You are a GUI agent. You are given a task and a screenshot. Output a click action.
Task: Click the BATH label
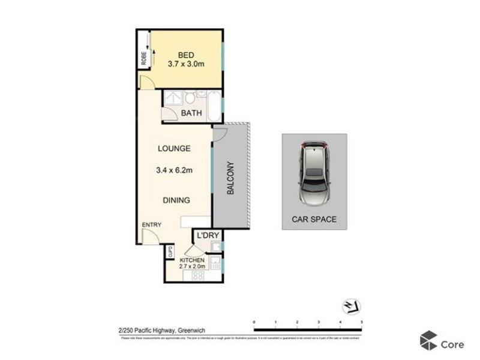pos(191,113)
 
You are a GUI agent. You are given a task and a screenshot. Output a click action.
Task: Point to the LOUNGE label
pos(174,148)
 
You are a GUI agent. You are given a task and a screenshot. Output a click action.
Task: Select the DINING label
pos(175,200)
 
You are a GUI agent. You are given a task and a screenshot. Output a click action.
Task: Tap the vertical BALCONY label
pos(230,179)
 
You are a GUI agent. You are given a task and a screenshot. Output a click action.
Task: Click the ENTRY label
pos(151,225)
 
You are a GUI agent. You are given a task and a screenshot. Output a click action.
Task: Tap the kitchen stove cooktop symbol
pos(197,275)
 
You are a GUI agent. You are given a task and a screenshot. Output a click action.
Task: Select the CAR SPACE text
pos(314,220)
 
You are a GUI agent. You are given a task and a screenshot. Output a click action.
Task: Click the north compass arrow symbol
pos(350,307)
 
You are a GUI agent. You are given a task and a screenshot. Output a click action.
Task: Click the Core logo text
pos(452,344)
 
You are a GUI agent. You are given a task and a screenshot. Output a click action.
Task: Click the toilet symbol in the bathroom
pos(189,98)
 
